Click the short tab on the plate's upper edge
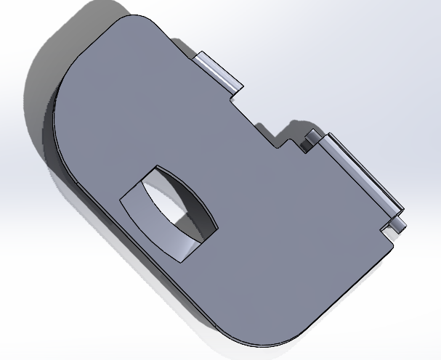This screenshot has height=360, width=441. [x=217, y=70]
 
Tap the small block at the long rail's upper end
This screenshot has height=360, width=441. [x=311, y=138]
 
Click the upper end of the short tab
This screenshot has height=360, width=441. [x=201, y=57]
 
